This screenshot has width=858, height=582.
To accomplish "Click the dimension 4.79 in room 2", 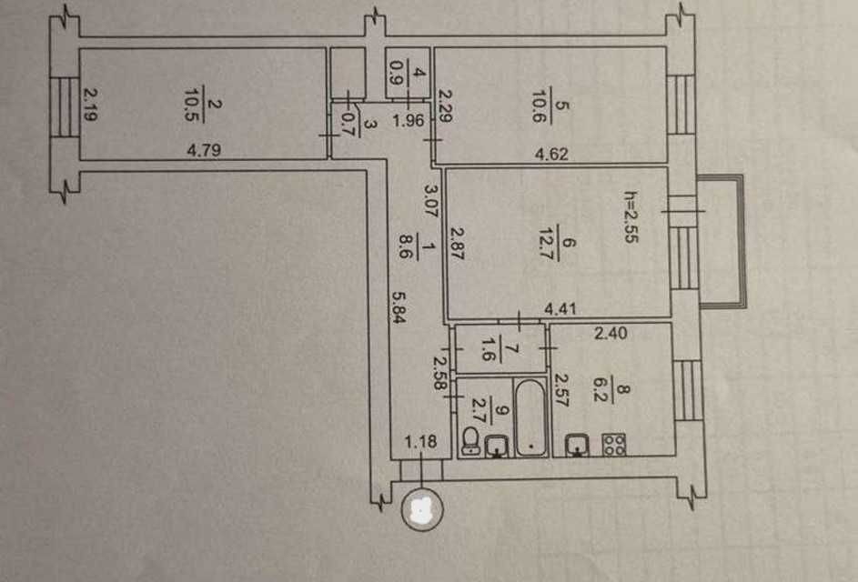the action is [204, 150].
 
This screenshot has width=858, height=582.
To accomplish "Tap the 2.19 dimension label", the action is [91, 105].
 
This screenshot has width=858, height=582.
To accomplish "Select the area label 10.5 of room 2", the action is [192, 104].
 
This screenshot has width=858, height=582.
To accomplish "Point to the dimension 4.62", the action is [551, 154].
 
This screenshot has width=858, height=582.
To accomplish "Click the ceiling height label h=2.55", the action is [631, 216].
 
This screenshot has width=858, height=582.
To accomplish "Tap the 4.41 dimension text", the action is [560, 308].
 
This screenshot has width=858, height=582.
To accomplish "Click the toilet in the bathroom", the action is [469, 441].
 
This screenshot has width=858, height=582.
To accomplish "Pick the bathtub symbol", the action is [530, 418].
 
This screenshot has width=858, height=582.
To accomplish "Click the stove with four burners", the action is [613, 444].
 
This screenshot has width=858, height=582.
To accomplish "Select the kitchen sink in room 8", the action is [577, 444].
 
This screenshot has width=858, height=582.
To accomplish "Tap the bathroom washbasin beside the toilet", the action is [496, 446].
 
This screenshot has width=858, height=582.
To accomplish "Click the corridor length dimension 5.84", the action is [399, 306].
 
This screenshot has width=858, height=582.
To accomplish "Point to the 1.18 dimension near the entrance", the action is [420, 441].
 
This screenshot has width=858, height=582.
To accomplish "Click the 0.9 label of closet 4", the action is [393, 72].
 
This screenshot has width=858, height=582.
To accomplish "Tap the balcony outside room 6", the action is [722, 241].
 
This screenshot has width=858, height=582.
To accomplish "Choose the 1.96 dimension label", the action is [409, 120].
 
